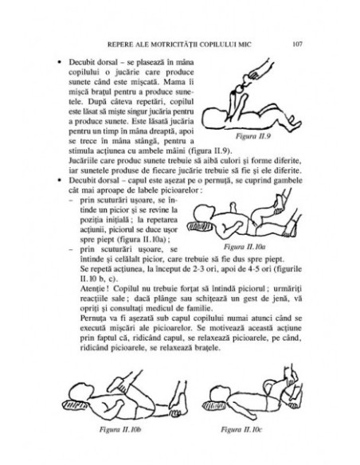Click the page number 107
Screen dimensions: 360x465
point(294,42)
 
